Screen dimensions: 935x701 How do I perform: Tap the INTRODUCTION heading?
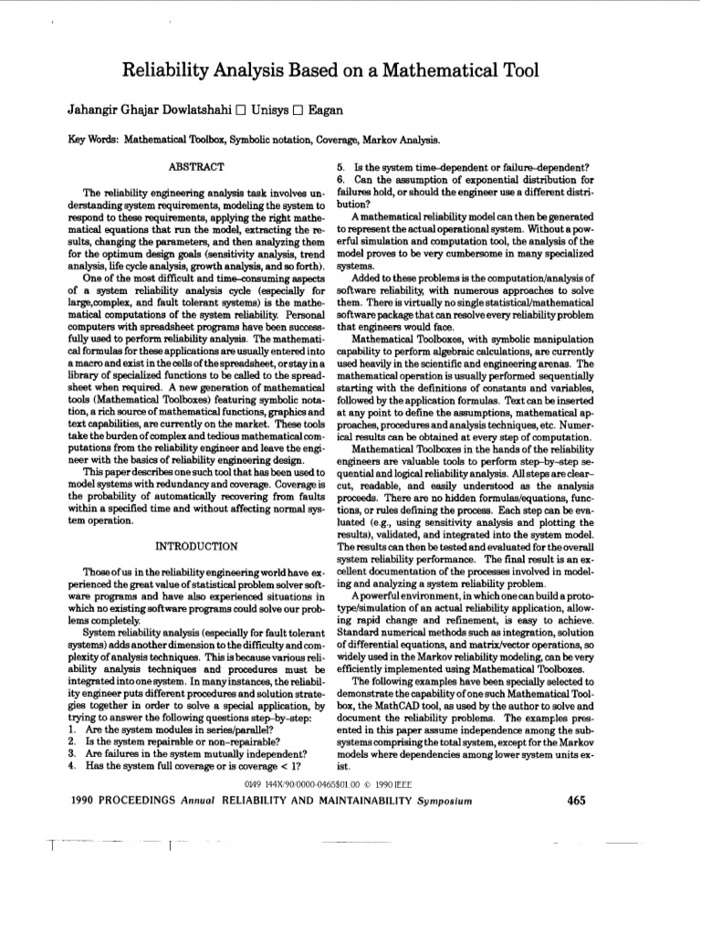coord(197,545)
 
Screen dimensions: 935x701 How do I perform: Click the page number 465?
coord(576,801)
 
